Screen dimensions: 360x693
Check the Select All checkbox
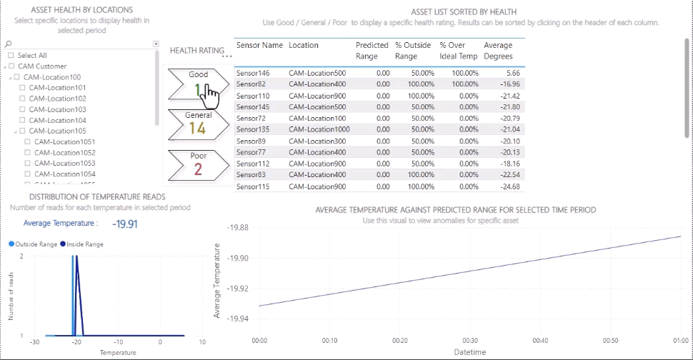coord(11,56)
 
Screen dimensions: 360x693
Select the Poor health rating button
coord(198,164)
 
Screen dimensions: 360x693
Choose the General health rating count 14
coord(198,128)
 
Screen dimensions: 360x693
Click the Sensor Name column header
coord(259,46)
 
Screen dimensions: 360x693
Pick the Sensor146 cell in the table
coord(253,73)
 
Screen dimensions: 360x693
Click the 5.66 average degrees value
coord(512,73)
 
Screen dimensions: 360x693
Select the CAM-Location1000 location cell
coord(319,130)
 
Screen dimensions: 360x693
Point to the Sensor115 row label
coord(253,186)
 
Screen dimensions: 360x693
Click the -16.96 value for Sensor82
coord(509,84)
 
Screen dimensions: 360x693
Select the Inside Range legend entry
coord(83,244)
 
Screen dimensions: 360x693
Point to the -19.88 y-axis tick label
coord(237,228)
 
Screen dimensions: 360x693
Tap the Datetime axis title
coord(469,352)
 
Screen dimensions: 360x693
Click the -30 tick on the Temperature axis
coord(34,342)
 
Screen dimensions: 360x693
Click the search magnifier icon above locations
coord(8,44)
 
